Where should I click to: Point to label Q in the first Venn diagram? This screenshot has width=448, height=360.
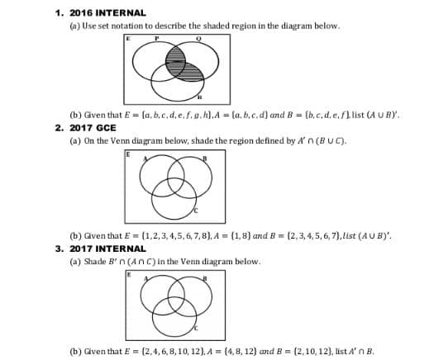tap(199, 39)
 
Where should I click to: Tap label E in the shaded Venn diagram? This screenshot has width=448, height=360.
tap(129, 37)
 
